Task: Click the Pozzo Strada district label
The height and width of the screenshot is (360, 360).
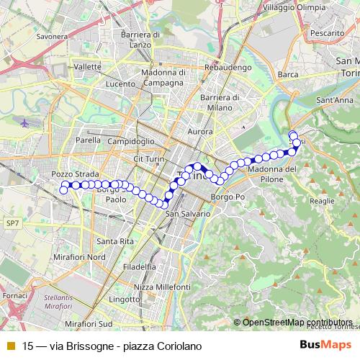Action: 69,174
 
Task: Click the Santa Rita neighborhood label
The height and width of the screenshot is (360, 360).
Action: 116,240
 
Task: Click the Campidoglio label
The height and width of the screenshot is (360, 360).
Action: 131,142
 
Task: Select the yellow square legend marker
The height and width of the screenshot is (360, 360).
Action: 9,345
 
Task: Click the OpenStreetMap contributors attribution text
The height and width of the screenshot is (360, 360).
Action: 297,323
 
